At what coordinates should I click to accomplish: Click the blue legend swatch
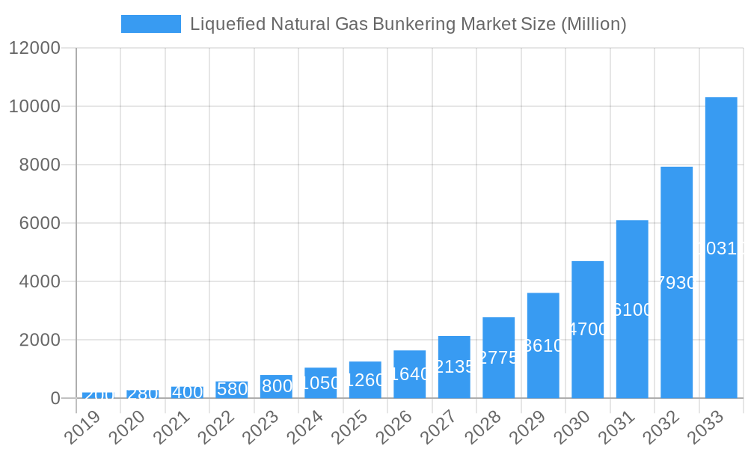coord(151,24)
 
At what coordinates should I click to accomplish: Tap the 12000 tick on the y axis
coord(34,48)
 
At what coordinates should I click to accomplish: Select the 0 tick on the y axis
coord(55,398)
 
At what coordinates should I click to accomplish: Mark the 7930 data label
coord(677,283)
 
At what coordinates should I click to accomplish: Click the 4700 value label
coord(588,329)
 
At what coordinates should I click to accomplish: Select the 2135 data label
coord(454,367)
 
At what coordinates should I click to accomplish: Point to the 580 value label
coord(232,389)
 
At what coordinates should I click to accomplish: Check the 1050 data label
coord(320,383)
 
